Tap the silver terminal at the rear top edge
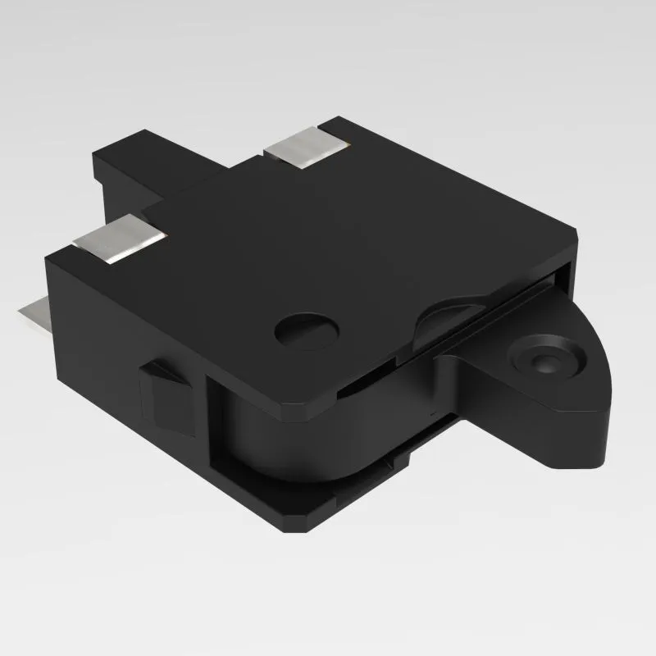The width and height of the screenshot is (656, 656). [306, 148]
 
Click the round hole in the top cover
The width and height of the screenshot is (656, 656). [307, 330]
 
